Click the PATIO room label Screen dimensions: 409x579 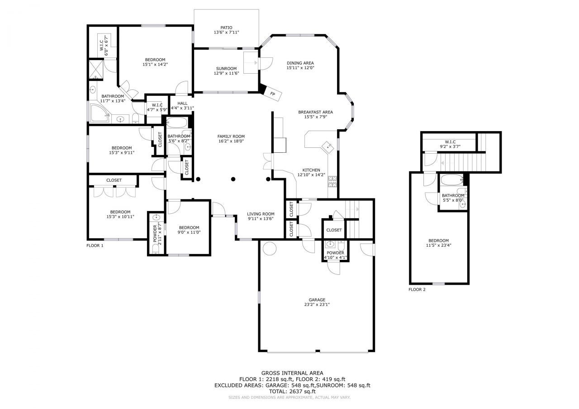click(x=226, y=27)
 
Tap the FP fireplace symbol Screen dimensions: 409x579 click(x=272, y=94)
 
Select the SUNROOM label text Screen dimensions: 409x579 click(x=226, y=69)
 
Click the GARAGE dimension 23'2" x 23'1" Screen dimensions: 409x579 click(x=317, y=305)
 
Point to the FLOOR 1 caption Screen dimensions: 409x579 click(x=95, y=245)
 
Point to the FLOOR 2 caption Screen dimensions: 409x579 click(x=417, y=290)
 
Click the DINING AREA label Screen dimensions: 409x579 click(x=300, y=63)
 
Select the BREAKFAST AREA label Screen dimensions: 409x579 click(x=315, y=112)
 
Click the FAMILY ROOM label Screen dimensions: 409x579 click(x=231, y=136)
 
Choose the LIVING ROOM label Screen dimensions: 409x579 click(x=261, y=214)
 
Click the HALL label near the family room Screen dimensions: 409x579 click(x=182, y=103)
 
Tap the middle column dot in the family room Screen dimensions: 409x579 click(x=233, y=179)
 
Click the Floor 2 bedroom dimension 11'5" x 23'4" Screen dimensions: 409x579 click(x=439, y=245)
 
